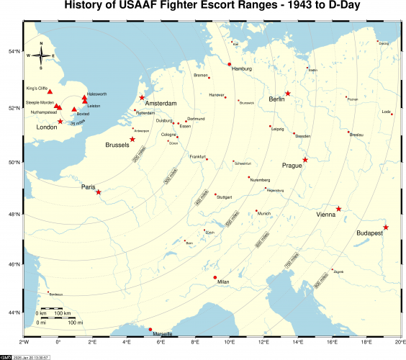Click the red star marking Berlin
click(287, 93)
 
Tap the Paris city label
click(89, 187)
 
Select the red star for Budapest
click(386, 228)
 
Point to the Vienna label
click(325, 215)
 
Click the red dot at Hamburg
click(229, 65)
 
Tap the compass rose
click(41, 55)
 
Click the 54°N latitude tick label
click(12, 52)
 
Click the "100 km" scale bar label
click(63, 314)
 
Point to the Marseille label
click(163, 335)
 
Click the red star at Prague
click(305, 160)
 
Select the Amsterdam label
click(161, 104)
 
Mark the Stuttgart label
click(224, 197)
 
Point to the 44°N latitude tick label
click(12, 312)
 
